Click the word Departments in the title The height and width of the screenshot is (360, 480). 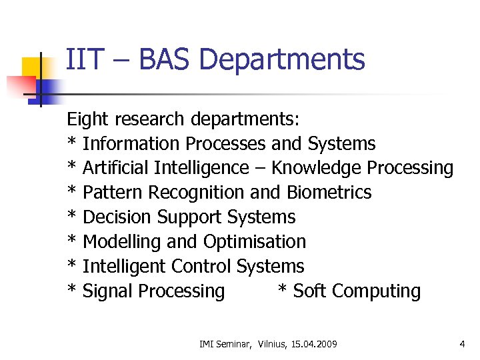[x=281, y=60]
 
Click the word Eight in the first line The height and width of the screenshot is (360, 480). [x=88, y=119]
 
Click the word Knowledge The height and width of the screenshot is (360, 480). [x=316, y=168]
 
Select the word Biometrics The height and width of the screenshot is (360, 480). [x=329, y=193]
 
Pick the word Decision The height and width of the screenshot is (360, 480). [x=117, y=217]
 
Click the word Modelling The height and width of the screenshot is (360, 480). [x=119, y=242]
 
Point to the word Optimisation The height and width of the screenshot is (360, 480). [x=255, y=242]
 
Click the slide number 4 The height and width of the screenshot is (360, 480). [x=462, y=344]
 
